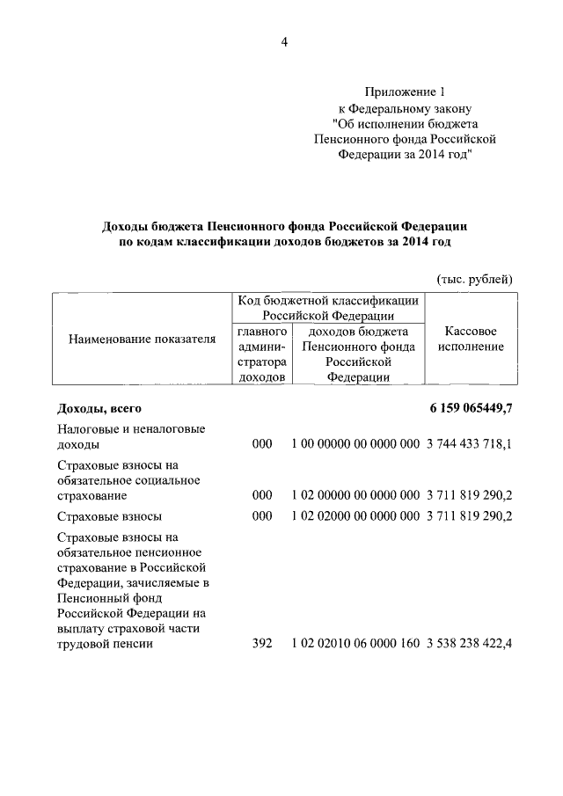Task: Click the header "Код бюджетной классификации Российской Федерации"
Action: tap(328, 308)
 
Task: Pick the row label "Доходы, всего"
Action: tap(99, 409)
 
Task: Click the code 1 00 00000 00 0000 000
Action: tap(355, 445)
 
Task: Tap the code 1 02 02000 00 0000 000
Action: tap(355, 516)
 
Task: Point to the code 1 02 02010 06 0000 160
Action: tap(355, 644)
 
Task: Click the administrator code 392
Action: tap(262, 644)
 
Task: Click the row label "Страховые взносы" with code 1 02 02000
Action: tap(109, 516)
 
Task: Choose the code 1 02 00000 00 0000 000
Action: tap(355, 495)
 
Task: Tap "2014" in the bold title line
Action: tap(409, 242)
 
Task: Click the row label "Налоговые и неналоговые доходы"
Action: tap(130, 437)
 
